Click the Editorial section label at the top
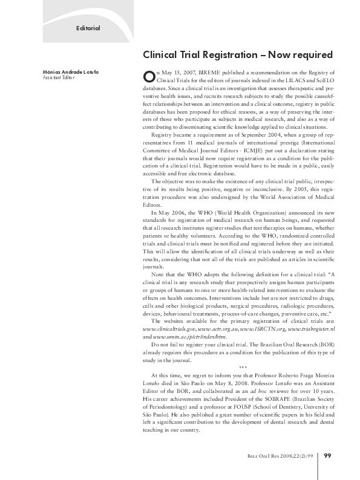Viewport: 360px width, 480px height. [x=88, y=28]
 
